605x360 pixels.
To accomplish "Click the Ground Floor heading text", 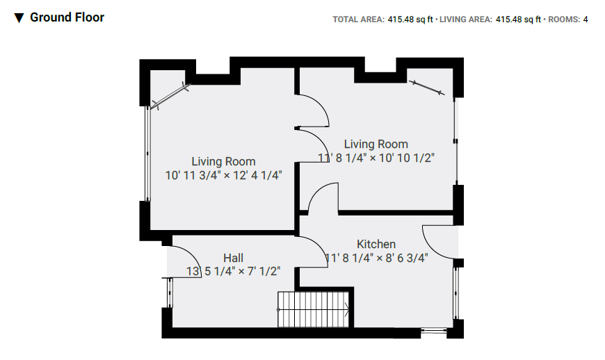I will (x=67, y=17).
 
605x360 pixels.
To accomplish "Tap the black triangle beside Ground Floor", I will (x=19, y=17).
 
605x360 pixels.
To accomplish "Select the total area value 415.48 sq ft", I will (x=410, y=19).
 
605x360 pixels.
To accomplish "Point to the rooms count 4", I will (x=586, y=19).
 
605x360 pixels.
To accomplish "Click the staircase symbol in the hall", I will (x=312, y=309).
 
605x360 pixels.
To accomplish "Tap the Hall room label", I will (x=233, y=258).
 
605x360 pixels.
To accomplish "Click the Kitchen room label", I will (x=376, y=244).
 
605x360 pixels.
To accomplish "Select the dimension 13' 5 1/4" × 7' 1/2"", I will (x=233, y=271).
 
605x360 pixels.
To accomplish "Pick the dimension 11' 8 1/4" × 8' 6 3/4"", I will (x=376, y=258).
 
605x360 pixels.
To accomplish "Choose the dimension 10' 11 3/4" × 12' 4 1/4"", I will (x=223, y=175).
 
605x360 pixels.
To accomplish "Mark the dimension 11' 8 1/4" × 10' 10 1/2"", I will (x=376, y=158).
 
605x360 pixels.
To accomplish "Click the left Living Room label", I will (x=223, y=162).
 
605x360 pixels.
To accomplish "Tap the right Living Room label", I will (x=376, y=145).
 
